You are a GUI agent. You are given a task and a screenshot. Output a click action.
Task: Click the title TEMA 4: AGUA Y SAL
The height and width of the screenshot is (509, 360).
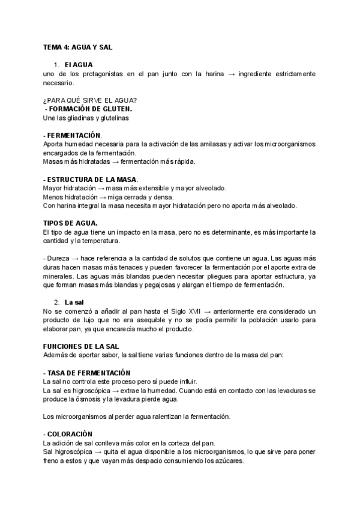[x=78, y=47]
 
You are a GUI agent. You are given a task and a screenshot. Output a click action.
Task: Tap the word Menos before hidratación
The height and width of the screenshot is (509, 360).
[x=54, y=197]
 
